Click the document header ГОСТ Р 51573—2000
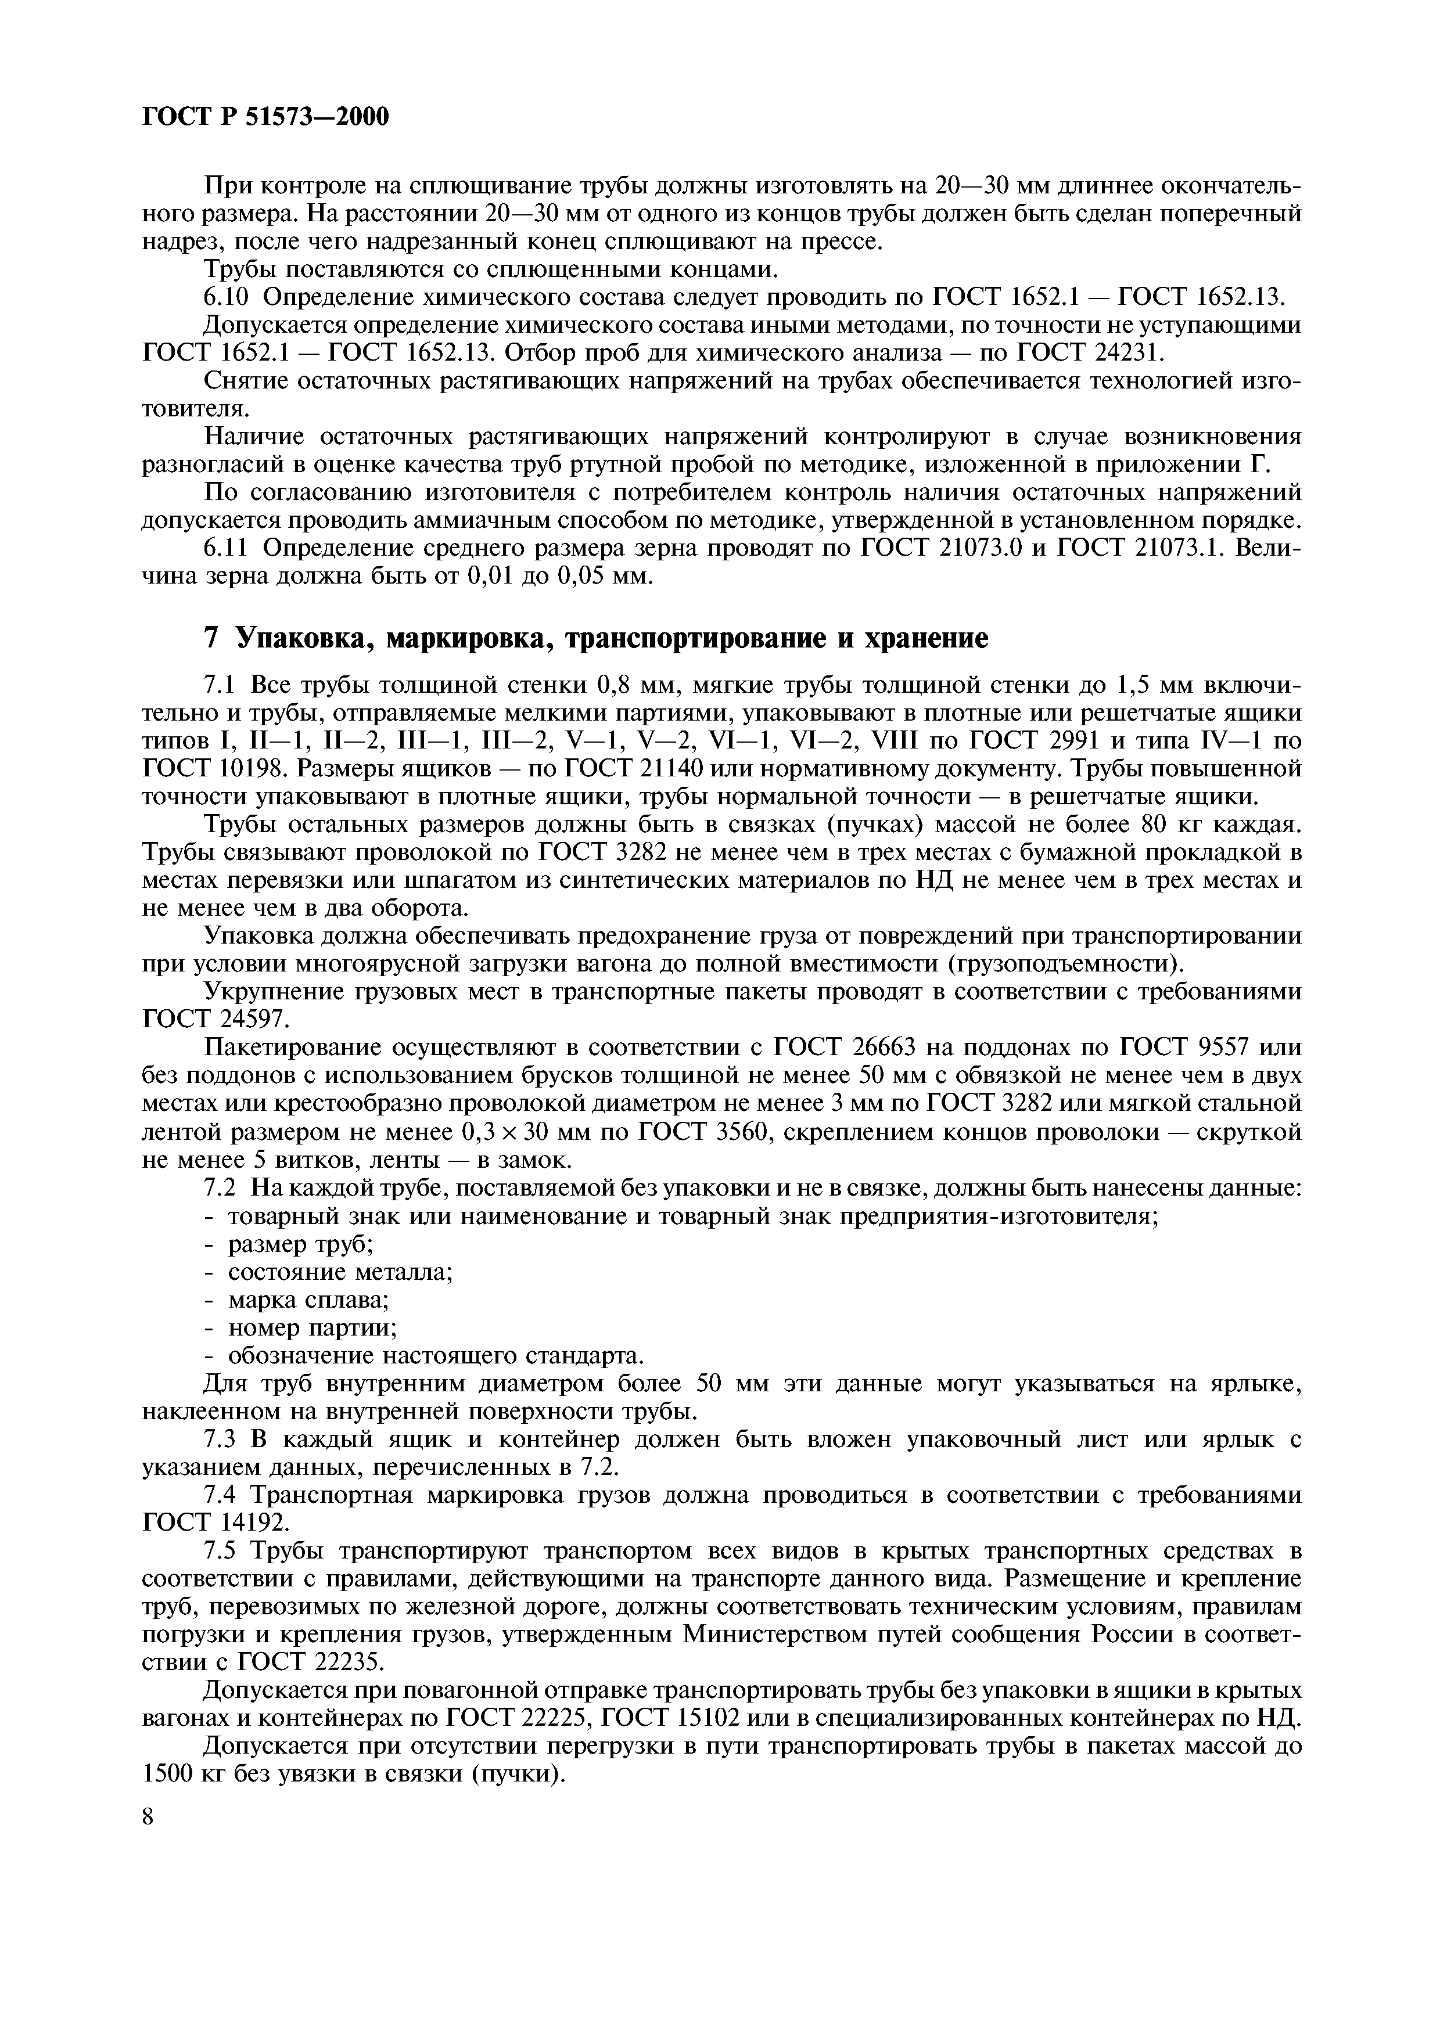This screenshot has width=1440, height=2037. click(x=265, y=116)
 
